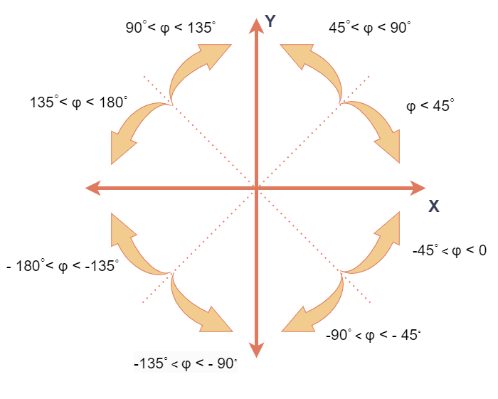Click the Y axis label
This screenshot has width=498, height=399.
click(x=270, y=22)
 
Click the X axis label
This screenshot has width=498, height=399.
click(x=433, y=206)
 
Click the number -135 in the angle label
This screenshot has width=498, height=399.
click(x=149, y=363)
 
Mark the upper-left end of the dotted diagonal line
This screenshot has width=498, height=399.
click(x=144, y=75)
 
